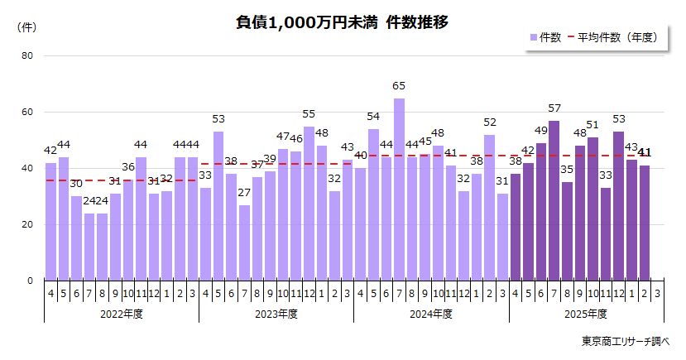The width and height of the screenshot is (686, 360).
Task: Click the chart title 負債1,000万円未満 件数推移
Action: [x=343, y=23]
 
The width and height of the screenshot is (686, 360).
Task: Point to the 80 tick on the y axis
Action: [x=27, y=56]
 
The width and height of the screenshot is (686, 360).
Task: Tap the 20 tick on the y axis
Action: [x=27, y=224]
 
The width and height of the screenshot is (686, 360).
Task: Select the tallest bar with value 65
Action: [x=399, y=190]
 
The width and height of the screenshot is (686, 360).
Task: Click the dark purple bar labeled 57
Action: [x=554, y=200]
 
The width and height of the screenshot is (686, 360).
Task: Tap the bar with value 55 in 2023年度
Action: [x=309, y=204]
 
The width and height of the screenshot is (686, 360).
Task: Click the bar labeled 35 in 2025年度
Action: [x=567, y=231]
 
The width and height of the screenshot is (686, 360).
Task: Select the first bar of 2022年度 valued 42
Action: [x=50, y=222]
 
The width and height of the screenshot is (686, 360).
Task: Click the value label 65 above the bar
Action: [x=399, y=86]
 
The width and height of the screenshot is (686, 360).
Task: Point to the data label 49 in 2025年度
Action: [x=540, y=131]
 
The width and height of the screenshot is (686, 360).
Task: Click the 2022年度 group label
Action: [x=121, y=314]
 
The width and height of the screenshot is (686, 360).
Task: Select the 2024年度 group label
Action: [x=431, y=314]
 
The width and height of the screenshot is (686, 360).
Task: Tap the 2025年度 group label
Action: [x=586, y=314]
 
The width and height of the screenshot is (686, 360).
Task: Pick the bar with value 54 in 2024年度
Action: [x=373, y=204]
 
